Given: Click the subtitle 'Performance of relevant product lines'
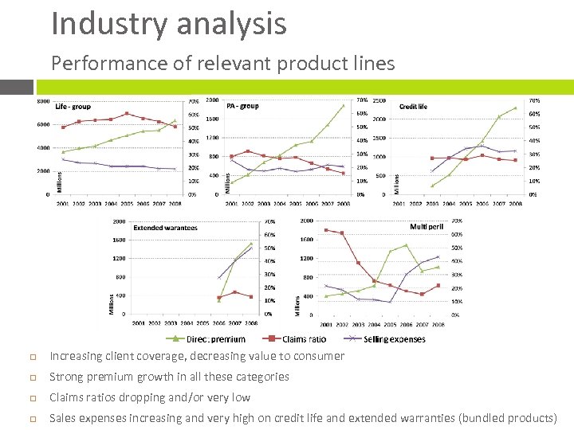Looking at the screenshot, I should pos(222,63).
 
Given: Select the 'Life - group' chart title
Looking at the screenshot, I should pos(73,107).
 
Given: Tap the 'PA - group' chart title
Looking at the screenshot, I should pos(242,106).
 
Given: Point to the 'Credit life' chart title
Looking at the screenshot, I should pos(413,106).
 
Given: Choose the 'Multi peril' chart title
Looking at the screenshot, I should pos(427,227).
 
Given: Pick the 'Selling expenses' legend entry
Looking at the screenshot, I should pos(394,339).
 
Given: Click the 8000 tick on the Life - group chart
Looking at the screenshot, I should pos(44,101).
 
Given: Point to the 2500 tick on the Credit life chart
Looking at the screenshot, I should pos(379,101).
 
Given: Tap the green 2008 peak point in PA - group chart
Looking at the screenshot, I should pos(344,105).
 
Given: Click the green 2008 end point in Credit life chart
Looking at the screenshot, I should pos(516,108).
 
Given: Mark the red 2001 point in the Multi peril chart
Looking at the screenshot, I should pos(326,230).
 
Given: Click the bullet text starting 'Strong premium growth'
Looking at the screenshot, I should pos(169,377).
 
